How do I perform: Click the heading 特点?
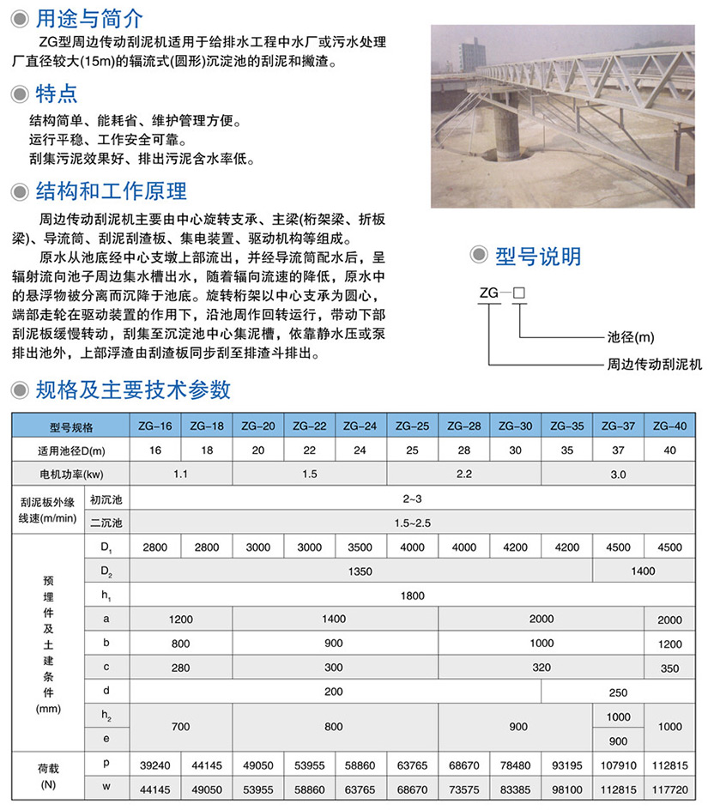pos(57,93)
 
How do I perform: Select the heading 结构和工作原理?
pos(111,190)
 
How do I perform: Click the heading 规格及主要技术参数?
pos(133,390)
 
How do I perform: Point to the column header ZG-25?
pos(412,426)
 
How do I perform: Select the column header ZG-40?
pos(669,426)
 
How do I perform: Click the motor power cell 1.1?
pos(180,474)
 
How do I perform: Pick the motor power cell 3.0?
pos(618,474)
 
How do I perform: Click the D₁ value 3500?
pos(360,547)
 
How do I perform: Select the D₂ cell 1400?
pos(644,571)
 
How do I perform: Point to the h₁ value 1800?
pos(412,594)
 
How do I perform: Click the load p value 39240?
pos(154,764)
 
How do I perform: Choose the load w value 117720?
pos(669,788)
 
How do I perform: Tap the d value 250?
pos(618,692)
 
